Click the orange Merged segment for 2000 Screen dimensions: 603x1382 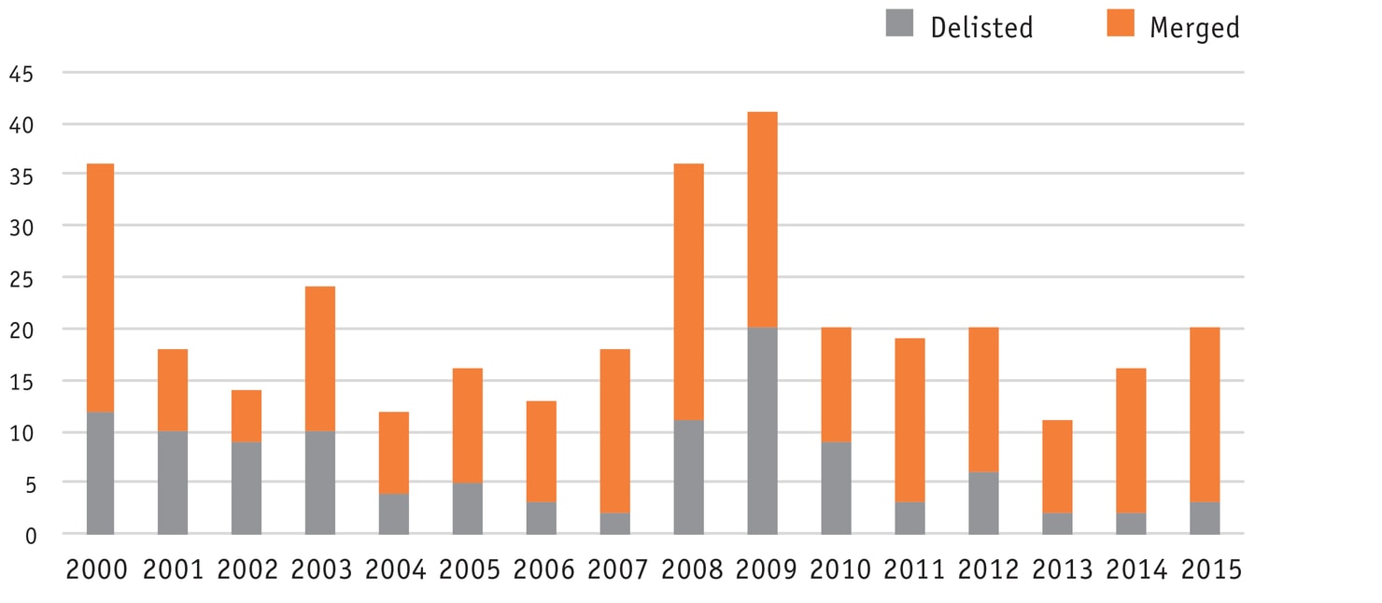[100, 287]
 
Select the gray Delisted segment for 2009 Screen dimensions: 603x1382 [762, 431]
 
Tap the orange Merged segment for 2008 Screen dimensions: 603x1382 [688, 292]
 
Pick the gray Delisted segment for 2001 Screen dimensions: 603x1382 [173, 483]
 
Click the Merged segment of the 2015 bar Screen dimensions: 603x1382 [1205, 415]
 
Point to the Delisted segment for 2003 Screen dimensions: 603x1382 [319, 483]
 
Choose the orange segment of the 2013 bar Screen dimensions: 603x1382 [1057, 467]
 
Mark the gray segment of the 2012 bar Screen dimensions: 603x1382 [983, 503]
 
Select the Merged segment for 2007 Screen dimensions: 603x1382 [614, 431]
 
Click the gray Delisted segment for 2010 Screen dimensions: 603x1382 [836, 488]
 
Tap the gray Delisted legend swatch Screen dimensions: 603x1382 [899, 23]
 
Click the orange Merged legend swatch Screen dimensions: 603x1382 [1120, 23]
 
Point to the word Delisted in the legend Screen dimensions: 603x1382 [981, 28]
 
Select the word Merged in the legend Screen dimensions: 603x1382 [1194, 28]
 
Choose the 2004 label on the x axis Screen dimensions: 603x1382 [395, 569]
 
